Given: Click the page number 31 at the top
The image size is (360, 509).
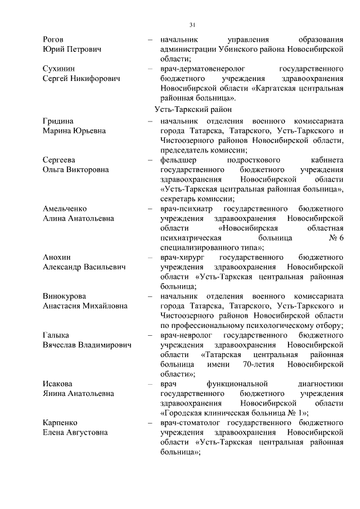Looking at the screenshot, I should coord(192,25).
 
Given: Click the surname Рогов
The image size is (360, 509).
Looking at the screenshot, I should coord(53,40).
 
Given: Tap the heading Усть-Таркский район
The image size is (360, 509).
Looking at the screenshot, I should coord(193,109).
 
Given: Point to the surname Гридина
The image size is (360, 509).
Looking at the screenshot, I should coord(58,121).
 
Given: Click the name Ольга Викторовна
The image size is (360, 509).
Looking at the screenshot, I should coord(76,169).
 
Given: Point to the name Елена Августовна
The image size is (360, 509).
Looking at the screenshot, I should coord(76,433).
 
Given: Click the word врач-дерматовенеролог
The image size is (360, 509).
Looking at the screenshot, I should coord(201,69).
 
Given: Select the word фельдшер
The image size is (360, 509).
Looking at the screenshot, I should coord(181,160).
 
